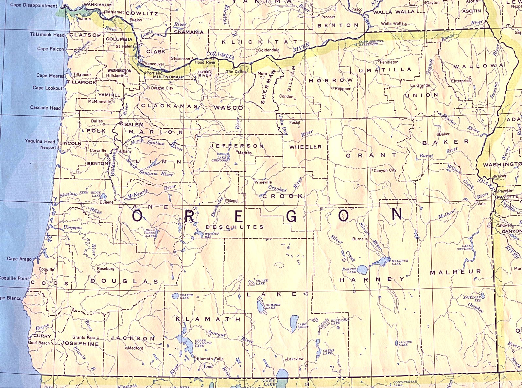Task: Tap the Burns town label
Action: (358, 239)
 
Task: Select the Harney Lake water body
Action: (362, 269)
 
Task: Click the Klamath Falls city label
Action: (210, 359)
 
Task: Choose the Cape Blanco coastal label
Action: (10, 298)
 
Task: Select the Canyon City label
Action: (385, 170)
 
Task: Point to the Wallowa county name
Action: (478, 66)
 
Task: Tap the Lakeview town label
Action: (296, 359)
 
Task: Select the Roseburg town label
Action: (106, 268)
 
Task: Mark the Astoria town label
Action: (83, 19)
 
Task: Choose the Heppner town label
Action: (343, 89)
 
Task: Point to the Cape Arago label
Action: (20, 259)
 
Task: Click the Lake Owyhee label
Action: (466, 247)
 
